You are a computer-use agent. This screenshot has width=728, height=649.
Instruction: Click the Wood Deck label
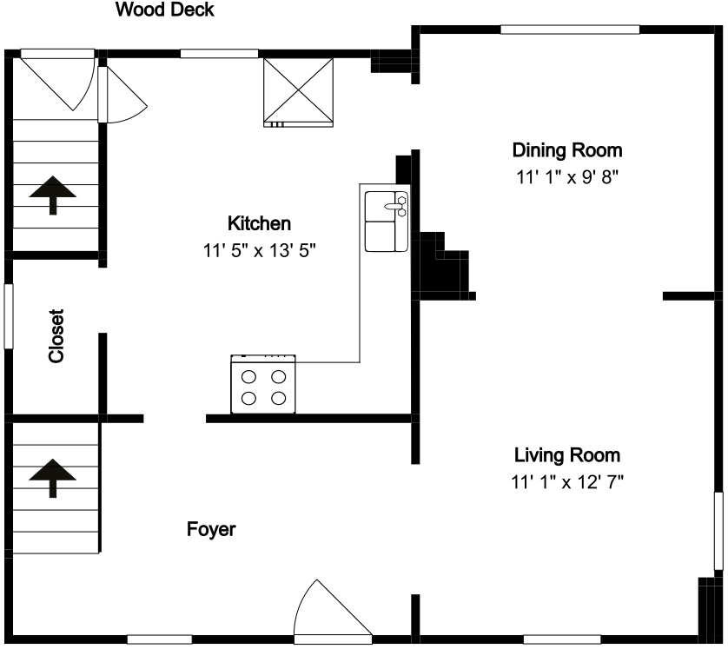(x=165, y=10)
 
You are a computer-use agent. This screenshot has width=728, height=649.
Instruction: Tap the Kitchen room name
(x=259, y=224)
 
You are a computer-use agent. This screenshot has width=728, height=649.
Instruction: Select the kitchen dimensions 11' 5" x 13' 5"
(x=259, y=251)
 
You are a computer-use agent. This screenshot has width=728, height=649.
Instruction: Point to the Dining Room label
(x=567, y=150)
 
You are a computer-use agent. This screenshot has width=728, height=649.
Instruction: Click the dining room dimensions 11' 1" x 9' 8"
(x=567, y=177)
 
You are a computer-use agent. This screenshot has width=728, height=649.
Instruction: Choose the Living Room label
(x=567, y=455)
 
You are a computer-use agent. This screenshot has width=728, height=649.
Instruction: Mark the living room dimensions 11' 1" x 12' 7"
(x=567, y=482)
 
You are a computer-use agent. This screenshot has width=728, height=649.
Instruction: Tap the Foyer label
(x=211, y=529)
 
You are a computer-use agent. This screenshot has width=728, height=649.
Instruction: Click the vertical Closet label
(x=56, y=336)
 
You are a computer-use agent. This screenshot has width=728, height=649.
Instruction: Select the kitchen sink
(x=387, y=222)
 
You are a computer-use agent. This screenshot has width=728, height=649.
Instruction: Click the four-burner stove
(x=263, y=384)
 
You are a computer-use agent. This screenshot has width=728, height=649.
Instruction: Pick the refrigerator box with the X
(x=298, y=92)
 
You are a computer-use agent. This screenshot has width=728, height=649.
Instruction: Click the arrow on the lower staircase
(x=52, y=478)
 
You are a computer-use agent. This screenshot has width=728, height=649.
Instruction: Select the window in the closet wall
(x=9, y=315)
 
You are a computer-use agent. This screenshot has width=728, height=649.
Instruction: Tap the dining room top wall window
(x=570, y=30)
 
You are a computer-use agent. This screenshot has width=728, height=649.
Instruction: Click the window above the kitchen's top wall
(x=219, y=54)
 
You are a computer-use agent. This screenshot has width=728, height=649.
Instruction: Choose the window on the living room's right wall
(x=718, y=531)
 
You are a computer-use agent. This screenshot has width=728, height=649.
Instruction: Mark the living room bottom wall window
(x=562, y=639)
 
